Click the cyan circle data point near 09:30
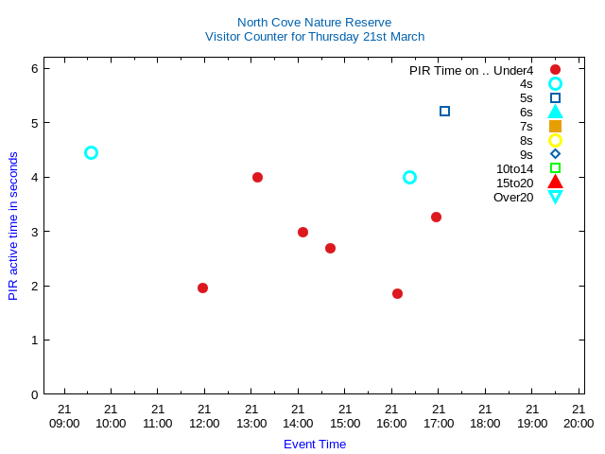(91, 152)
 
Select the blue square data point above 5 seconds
(444, 111)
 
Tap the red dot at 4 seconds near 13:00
(257, 177)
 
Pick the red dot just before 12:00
(202, 288)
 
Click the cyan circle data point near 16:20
(409, 177)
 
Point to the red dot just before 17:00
(436, 217)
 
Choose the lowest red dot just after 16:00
(397, 293)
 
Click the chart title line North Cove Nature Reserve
(314, 22)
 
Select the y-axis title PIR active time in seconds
(13, 226)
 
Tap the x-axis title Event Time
(315, 444)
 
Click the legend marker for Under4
(555, 69)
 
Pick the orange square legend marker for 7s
(555, 126)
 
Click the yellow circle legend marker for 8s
(555, 140)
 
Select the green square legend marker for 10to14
(555, 168)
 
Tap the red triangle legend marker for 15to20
(555, 183)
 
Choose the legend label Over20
(513, 197)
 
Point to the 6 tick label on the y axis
(34, 68)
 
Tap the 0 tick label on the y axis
(34, 394)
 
